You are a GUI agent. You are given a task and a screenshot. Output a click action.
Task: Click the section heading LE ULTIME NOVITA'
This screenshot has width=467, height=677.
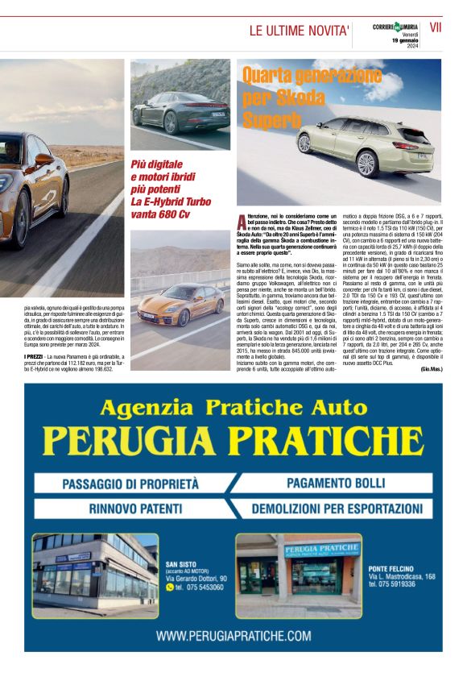(x=299, y=31)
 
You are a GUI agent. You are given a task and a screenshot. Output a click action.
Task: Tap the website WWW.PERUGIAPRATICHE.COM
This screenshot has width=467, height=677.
(x=233, y=635)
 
